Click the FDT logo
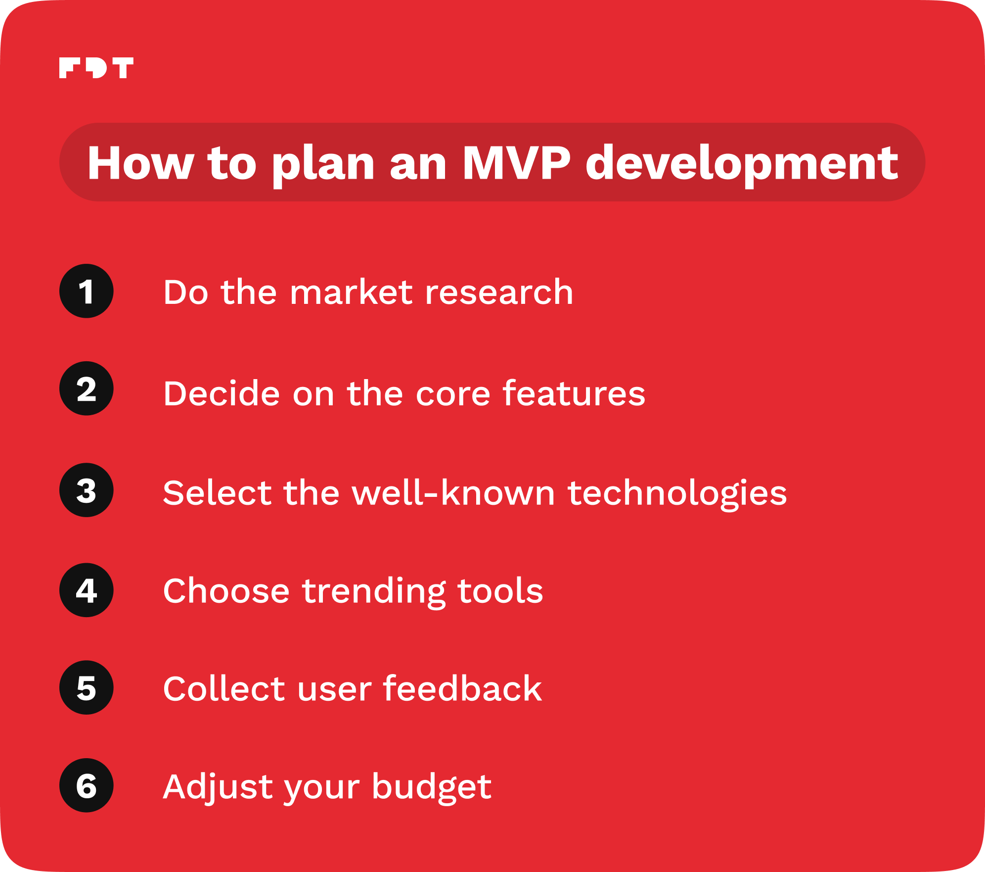(96, 68)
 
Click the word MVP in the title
(516, 163)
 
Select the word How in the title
(140, 163)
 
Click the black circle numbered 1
(87, 291)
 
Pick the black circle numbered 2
(87, 388)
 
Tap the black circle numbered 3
(87, 490)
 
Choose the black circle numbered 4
(87, 590)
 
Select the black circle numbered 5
(87, 687)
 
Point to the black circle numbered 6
(87, 785)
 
